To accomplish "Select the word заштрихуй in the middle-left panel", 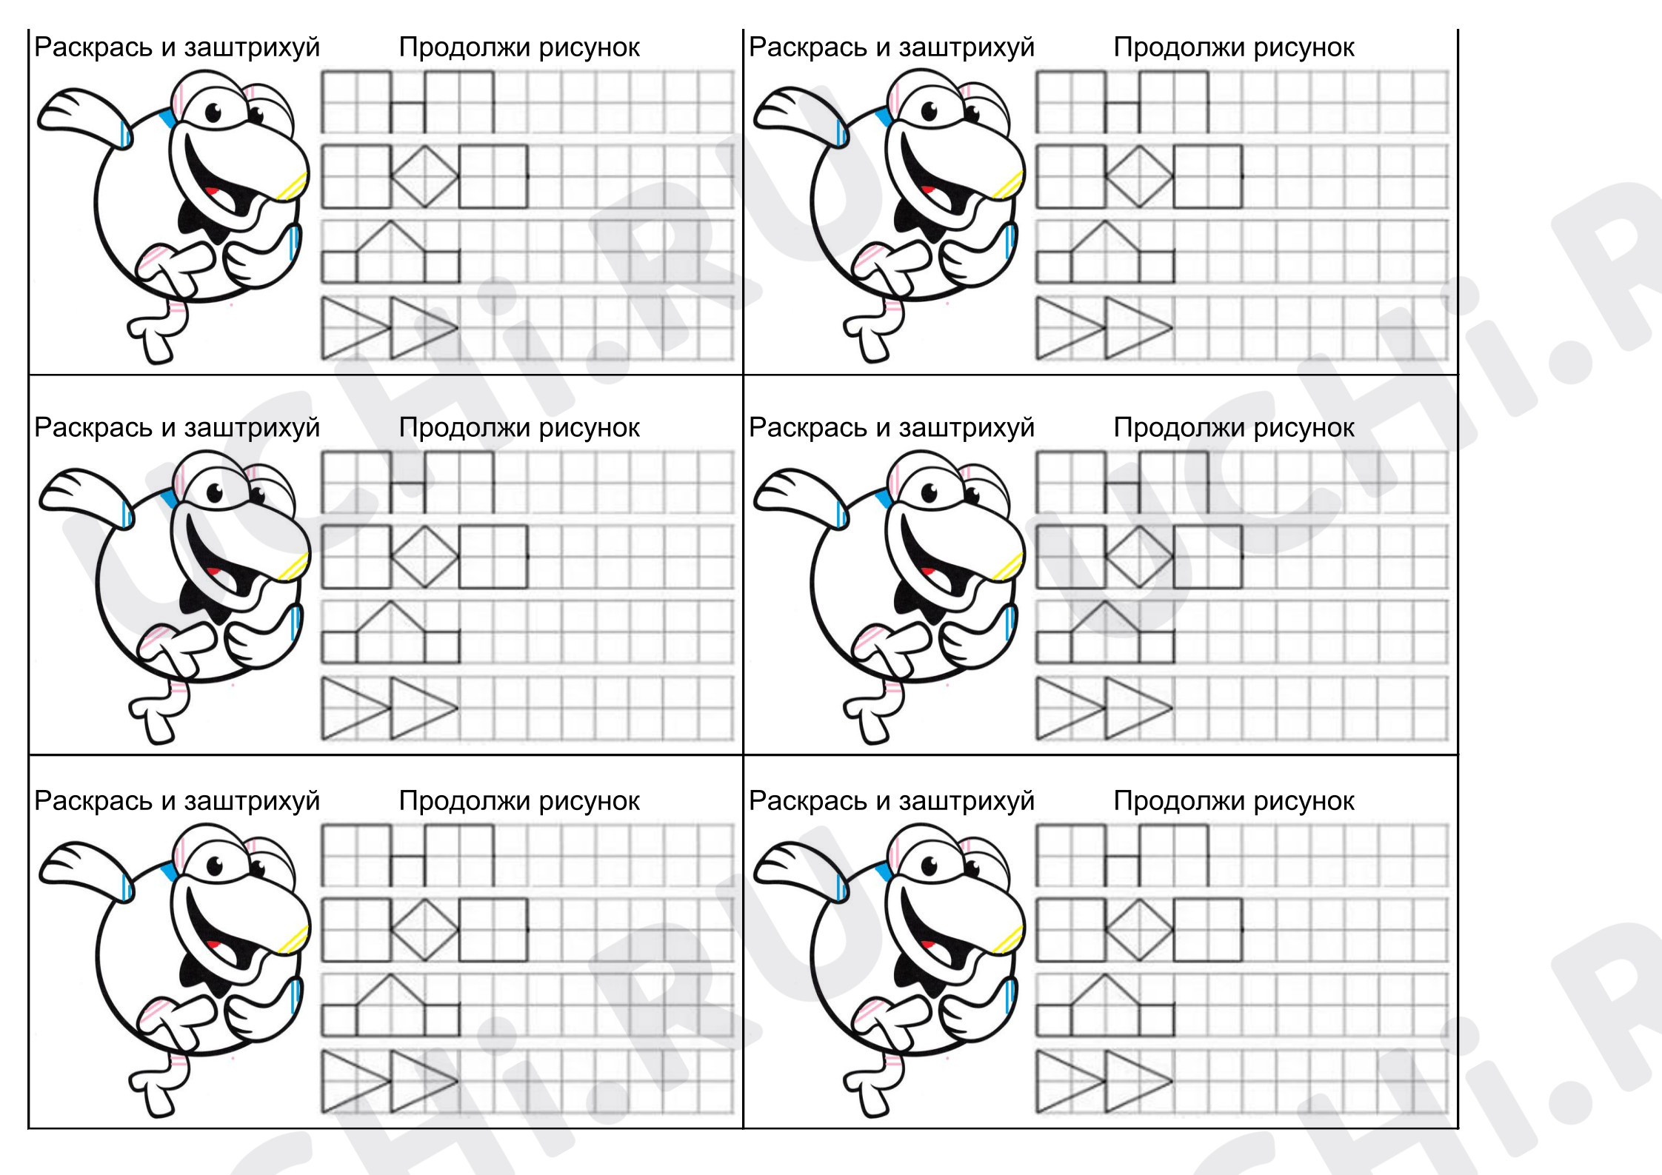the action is pos(252,429).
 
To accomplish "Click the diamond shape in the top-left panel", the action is pos(424,176).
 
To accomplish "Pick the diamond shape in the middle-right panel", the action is pos(1139,557).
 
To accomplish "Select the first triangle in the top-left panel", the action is pos(356,327).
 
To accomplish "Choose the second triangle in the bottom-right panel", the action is pos(1138,1081).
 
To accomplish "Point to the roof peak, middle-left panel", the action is pos(390,600).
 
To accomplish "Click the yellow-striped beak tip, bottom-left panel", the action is pos(294,938).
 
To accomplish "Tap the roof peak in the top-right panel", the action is pos(1105,221).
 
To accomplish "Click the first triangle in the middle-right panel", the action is pos(1070,709).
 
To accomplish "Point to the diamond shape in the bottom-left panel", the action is pos(424,929).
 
